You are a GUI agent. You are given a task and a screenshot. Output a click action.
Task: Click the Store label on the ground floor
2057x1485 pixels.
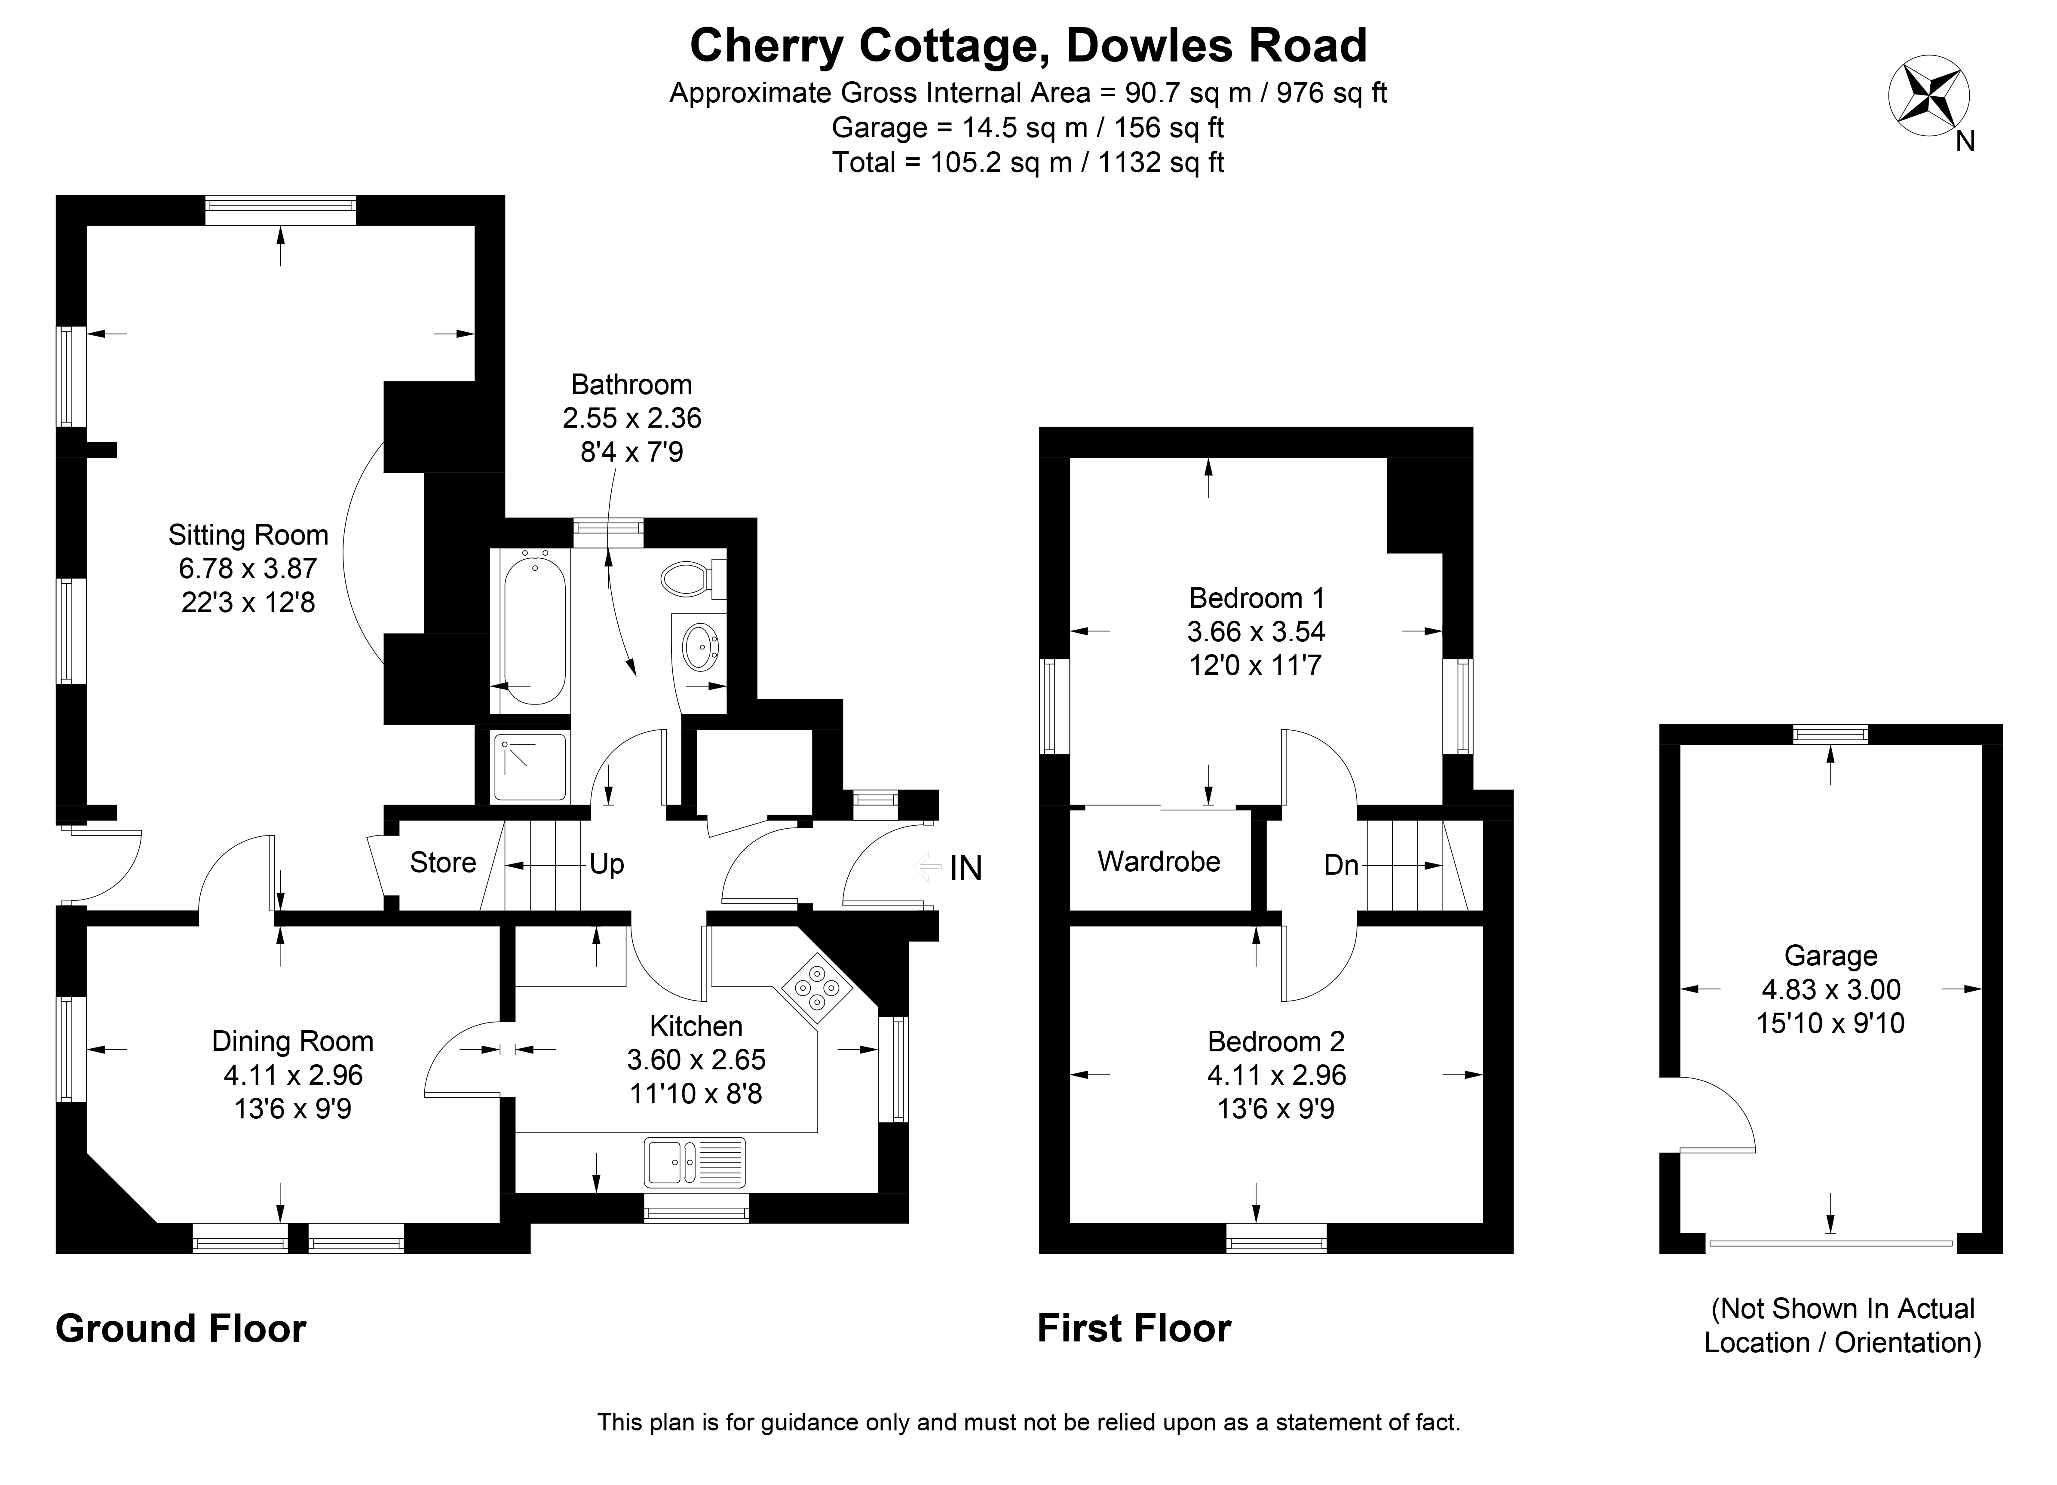pos(443,862)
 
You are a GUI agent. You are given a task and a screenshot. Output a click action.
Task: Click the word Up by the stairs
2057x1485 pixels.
pos(607,864)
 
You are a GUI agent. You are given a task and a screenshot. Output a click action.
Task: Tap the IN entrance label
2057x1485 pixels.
pos(966,869)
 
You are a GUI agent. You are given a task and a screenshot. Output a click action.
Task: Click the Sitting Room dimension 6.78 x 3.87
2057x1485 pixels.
pos(248,569)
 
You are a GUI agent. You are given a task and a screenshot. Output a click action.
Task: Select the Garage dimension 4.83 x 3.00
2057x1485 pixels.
pos(1830,989)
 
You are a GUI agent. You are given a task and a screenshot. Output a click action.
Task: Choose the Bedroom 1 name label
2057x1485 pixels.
pos(1256,598)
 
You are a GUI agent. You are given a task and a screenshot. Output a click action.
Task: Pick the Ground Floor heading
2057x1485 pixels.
pos(181,1329)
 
